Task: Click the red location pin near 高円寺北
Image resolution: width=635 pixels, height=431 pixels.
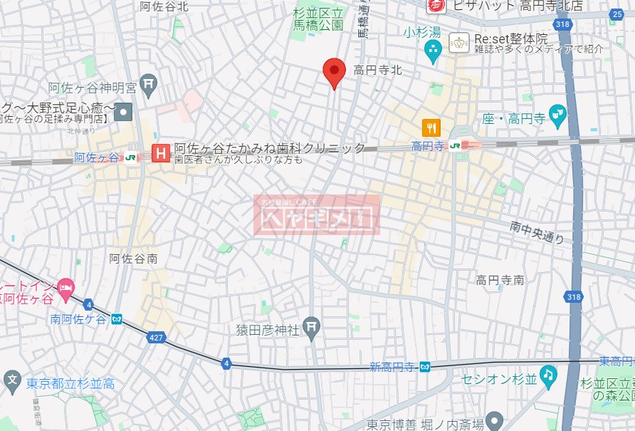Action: click(x=335, y=72)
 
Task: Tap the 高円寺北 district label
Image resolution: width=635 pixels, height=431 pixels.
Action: click(x=378, y=70)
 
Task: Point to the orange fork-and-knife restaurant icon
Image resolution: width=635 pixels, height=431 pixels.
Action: click(x=431, y=128)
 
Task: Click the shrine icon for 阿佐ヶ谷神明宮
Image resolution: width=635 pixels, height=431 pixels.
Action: click(x=148, y=85)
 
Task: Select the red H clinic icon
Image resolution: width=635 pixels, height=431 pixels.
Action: click(x=162, y=152)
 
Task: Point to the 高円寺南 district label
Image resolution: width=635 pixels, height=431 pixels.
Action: click(x=500, y=280)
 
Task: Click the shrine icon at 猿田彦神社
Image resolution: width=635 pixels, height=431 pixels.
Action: click(x=311, y=328)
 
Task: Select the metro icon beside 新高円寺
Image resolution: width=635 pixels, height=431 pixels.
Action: click(x=425, y=367)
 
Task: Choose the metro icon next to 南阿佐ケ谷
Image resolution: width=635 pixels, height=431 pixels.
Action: click(x=117, y=319)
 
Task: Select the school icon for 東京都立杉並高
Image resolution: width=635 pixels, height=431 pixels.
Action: click(x=11, y=379)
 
